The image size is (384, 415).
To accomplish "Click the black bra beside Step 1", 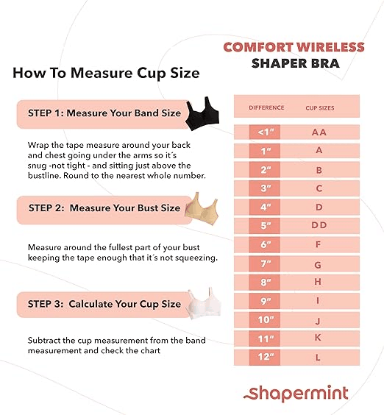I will point(198,113).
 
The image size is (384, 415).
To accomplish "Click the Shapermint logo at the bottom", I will point(296,392).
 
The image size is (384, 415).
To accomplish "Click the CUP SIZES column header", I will point(319,107).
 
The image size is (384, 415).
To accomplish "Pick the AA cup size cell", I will point(319,132).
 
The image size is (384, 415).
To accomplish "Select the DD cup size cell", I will point(319,225).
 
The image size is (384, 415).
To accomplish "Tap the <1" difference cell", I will point(266,132).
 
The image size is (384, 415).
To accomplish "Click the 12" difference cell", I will point(266,357).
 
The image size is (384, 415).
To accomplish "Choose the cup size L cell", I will point(319,357).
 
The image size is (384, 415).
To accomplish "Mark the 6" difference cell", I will point(266,244).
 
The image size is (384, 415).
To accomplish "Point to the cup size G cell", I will point(319,263).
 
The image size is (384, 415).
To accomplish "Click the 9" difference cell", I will point(266,300).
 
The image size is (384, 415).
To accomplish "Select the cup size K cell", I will point(319,338).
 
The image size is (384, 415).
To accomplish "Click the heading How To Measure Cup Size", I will point(106,74).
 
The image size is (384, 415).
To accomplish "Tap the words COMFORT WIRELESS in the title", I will point(294,47).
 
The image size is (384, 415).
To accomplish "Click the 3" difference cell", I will point(266,188).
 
